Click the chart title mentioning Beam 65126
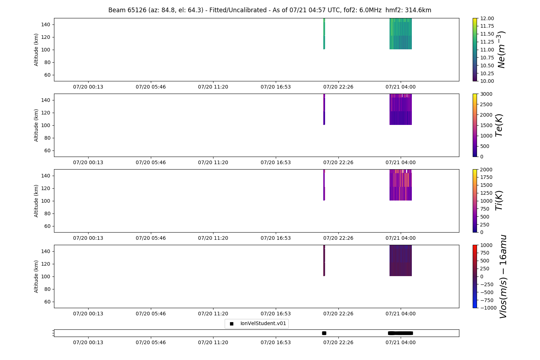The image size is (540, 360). coord(270,10)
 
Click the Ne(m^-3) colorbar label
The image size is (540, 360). coord(501,50)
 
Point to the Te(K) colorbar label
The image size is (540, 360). coord(499,125)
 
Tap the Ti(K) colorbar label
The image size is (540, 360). coord(499,201)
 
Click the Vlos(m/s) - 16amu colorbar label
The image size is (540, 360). coord(503,276)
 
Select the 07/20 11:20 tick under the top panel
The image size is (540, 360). coord(213,87)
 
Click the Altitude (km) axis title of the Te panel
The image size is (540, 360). coord(36,125)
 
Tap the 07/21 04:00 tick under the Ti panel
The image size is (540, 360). coord(401,238)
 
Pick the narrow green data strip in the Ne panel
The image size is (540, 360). coord(324,34)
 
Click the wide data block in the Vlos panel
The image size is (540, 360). coord(401,261)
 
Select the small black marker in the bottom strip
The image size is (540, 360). coord(324,333)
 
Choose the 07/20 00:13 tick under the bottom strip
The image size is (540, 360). coord(88,342)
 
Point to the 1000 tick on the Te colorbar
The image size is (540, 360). coord(485,136)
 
